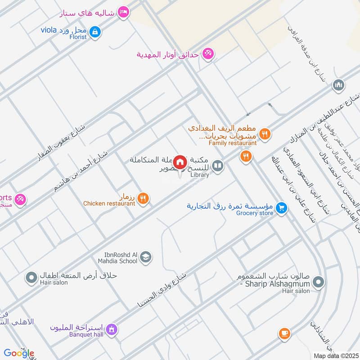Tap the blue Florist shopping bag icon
pos(95,31)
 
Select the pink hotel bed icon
pos(123,12)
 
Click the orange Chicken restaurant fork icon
pos(143,198)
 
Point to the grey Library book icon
pos(218,166)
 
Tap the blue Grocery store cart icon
pos(282,207)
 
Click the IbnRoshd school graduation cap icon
pos(146,257)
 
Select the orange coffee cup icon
pos(284,333)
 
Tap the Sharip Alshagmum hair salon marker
pos(319,283)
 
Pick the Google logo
pos(19,353)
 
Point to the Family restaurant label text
pos(232,143)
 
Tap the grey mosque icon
pos(338,85)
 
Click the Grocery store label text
pos(255,213)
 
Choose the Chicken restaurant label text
pos(109,203)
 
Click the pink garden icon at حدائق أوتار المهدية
pos(207,54)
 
